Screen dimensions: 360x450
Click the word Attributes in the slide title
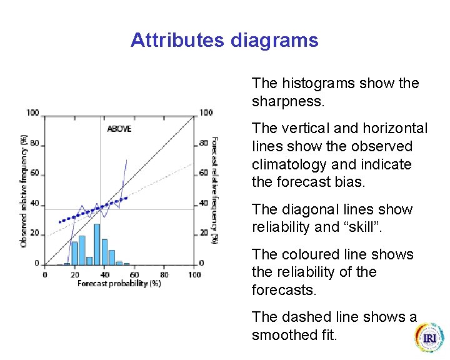point(177,41)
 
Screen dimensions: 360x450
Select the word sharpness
point(286,101)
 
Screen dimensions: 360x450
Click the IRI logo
point(429,338)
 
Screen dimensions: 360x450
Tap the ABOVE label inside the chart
point(119,129)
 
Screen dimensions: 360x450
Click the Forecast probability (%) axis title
point(119,284)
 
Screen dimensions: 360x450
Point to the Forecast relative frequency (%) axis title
point(214,190)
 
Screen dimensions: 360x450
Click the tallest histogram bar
point(97,244)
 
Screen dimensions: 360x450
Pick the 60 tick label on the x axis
point(134,274)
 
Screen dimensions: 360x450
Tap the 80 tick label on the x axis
point(164,274)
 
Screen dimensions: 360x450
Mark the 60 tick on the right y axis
point(203,173)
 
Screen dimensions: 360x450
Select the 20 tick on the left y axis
point(35,233)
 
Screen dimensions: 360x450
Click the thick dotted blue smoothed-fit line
point(94,209)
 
